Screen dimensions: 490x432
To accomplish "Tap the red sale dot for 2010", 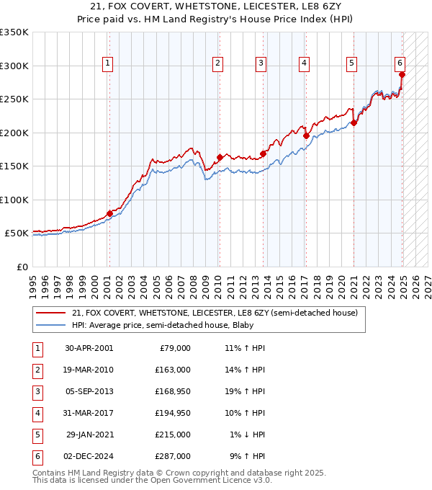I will point(218,157).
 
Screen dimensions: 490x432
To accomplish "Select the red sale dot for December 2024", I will point(402,74).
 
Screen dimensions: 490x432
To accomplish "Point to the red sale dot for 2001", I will point(109,213).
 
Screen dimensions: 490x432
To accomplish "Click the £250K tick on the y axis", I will point(14,99).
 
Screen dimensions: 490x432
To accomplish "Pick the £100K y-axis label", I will point(14,200).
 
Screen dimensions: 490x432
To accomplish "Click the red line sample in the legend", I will point(52,313).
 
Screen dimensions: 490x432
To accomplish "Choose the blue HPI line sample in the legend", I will point(52,325).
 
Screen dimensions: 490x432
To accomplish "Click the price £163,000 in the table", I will point(174,370).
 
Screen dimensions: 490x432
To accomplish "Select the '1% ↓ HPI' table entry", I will point(247,435).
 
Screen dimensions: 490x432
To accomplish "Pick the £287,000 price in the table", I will point(174,456).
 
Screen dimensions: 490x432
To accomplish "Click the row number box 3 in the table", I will point(36,391).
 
